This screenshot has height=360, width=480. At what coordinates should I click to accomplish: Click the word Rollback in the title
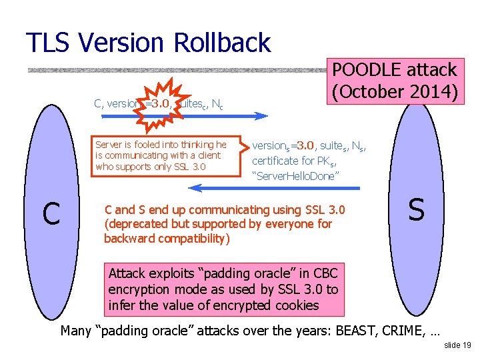click(x=223, y=43)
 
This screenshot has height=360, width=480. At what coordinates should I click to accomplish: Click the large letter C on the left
click(x=51, y=213)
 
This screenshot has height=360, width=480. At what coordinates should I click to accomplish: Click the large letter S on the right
click(x=416, y=210)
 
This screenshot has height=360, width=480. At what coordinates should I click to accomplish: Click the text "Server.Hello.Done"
click(x=296, y=176)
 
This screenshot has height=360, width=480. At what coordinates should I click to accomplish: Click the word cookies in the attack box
click(x=294, y=306)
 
